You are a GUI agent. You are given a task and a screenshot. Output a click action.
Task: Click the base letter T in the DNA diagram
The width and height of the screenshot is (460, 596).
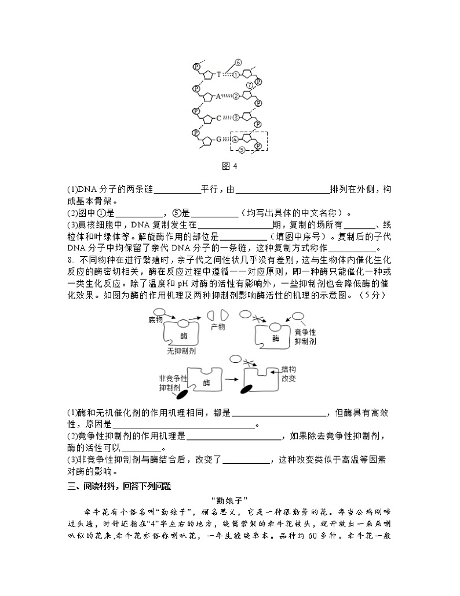click(218, 74)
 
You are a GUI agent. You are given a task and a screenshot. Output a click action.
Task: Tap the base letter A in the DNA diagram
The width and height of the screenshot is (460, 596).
click(218, 96)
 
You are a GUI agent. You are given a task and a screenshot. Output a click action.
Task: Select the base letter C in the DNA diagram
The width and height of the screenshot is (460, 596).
click(218, 118)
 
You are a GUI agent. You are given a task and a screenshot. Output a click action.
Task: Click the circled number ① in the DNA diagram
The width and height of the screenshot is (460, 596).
click(235, 74)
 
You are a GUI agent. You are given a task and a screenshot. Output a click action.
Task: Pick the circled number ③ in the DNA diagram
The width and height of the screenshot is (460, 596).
click(235, 118)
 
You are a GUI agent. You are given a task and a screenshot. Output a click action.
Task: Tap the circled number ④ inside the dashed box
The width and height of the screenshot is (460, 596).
click(235, 140)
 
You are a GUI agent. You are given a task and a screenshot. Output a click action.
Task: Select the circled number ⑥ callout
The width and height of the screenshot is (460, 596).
click(238, 63)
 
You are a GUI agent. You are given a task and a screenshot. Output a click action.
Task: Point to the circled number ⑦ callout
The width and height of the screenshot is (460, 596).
click(249, 85)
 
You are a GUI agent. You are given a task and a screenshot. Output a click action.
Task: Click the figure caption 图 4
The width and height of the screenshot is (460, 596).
click(230, 166)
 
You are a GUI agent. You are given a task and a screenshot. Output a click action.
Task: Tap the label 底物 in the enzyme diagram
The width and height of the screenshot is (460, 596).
click(156, 319)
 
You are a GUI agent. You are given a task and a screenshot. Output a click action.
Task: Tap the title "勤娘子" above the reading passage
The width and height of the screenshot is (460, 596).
click(230, 500)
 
